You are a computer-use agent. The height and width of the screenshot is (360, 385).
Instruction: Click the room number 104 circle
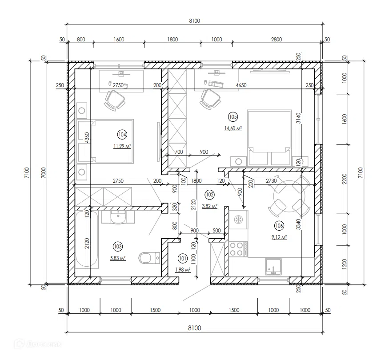tap(122, 135)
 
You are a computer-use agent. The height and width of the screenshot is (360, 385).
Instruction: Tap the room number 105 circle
tap(233, 117)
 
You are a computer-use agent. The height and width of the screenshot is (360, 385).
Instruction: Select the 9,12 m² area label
tap(279, 237)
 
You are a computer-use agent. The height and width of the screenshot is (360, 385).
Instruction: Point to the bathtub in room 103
tap(87, 239)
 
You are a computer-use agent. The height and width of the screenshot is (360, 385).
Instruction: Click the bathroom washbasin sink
tap(118, 217)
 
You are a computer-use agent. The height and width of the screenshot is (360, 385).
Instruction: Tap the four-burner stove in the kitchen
tap(238, 249)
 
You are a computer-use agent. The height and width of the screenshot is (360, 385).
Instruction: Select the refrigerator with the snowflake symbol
tap(238, 220)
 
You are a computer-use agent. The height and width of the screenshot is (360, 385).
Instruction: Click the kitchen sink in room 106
tap(273, 267)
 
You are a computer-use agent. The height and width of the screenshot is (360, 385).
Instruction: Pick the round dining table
tap(289, 196)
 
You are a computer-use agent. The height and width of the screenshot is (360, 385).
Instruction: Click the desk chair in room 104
tap(115, 100)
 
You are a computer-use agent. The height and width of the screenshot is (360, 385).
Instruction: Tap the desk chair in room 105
tap(210, 99)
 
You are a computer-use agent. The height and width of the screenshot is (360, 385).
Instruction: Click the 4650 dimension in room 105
tap(241, 85)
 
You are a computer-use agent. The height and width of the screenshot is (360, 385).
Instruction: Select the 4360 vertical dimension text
tap(87, 138)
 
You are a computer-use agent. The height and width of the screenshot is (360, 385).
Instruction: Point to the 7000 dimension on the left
tap(43, 173)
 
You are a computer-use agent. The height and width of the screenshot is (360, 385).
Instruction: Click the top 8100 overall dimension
tap(194, 20)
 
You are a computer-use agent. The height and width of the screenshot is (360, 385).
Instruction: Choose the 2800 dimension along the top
tap(276, 39)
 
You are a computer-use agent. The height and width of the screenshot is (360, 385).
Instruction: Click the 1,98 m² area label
tap(183, 269)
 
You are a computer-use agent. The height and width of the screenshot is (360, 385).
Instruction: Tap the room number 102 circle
tap(209, 195)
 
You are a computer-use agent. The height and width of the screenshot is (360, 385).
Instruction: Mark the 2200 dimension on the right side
tap(345, 179)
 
